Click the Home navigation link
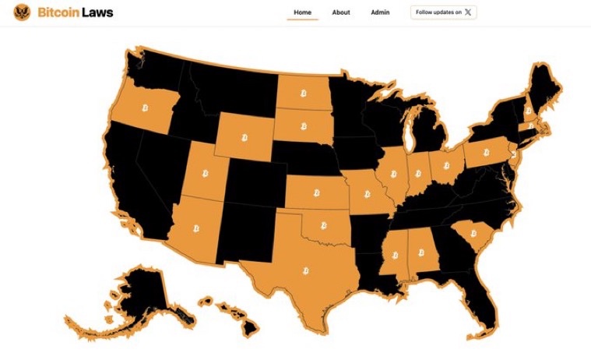tap(302, 12)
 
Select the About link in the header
tap(341, 12)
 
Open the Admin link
tap(380, 12)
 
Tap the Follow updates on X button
tap(443, 12)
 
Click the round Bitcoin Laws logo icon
tap(22, 12)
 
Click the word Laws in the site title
tap(99, 12)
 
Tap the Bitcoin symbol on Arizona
tap(195, 229)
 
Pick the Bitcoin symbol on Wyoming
tap(244, 138)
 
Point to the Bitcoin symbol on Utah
tap(206, 172)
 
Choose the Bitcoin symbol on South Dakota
tap(303, 125)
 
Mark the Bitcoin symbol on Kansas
tap(316, 192)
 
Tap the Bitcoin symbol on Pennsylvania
tap(486, 153)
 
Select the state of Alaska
tap(140, 296)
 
